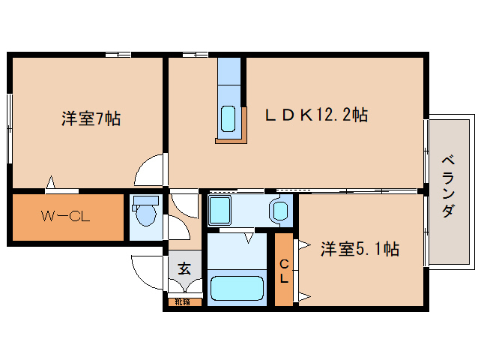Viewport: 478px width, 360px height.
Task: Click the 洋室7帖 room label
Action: pyautogui.click(x=91, y=118)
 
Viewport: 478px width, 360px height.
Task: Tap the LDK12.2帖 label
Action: pyautogui.click(x=315, y=115)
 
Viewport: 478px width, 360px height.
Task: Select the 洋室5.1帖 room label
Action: pyautogui.click(x=360, y=249)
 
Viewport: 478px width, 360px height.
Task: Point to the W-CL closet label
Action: pyautogui.click(x=65, y=217)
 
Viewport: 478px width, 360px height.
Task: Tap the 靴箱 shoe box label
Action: pyautogui.click(x=183, y=302)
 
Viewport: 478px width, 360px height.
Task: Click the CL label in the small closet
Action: pyautogui.click(x=284, y=270)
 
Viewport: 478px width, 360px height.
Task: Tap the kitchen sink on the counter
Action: pyautogui.click(x=229, y=118)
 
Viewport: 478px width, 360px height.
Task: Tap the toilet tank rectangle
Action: pyautogui.click(x=145, y=201)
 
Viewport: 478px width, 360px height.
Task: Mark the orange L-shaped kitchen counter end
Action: pyautogui.click(x=231, y=139)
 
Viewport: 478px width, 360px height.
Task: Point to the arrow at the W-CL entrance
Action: pyautogui.click(x=51, y=182)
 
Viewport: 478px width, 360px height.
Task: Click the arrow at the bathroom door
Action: pyautogui.click(x=246, y=239)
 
